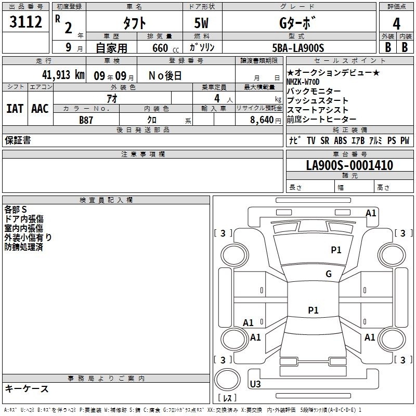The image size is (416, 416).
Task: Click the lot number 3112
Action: point(25,22)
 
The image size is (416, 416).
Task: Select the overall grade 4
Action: point(396,24)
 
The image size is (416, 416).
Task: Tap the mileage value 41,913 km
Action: point(63,75)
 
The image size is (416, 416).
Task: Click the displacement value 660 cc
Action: point(165,48)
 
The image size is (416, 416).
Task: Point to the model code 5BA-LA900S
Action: point(298,48)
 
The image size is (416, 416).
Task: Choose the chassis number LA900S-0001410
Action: point(349,165)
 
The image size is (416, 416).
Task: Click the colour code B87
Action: point(86,120)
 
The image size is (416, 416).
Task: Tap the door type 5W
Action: point(201,23)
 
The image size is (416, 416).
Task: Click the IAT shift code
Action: point(15,109)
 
